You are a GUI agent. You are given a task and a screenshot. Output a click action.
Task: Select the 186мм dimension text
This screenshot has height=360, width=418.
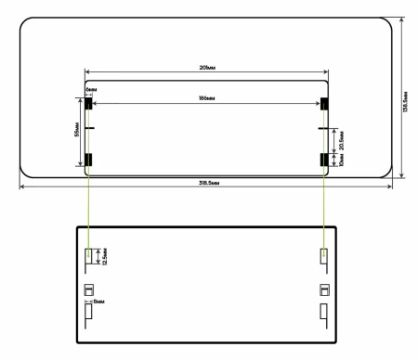[x=206, y=97]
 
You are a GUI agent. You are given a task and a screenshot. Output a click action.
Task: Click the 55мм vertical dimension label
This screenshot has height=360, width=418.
[x=75, y=132]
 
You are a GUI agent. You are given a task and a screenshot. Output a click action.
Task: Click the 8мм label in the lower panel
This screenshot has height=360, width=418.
[x=99, y=302]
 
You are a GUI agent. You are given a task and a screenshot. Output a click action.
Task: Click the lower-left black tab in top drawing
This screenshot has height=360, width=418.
[x=89, y=160]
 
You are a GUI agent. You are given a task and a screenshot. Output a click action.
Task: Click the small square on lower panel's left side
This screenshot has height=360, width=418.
[x=89, y=289]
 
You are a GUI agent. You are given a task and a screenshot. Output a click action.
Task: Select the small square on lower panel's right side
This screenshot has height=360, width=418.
[x=323, y=289]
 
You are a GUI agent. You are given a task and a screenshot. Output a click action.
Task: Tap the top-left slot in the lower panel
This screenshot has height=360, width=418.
[x=89, y=257]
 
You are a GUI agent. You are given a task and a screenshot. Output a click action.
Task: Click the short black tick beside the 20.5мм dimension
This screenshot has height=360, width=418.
[x=323, y=128]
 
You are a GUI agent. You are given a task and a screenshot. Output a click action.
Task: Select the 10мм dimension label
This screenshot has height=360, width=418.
[x=340, y=160]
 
